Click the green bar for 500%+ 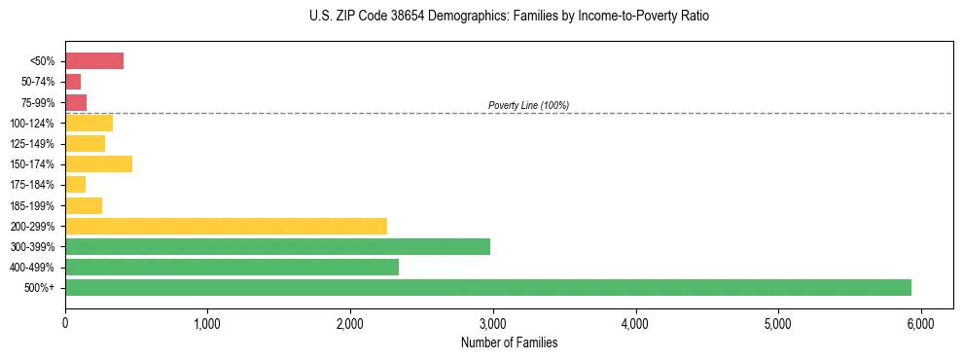tap(487, 288)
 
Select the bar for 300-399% tap(277, 246)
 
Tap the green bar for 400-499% tap(232, 268)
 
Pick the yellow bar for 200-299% tap(226, 226)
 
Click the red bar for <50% tap(94, 61)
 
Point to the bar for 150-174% tap(98, 164)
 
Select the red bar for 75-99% tap(76, 102)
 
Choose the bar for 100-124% tap(89, 123)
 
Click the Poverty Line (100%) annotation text tap(528, 105)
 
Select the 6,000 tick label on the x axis tap(920, 323)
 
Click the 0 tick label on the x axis tap(65, 323)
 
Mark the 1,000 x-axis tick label tap(207, 323)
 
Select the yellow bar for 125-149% tap(85, 143)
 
